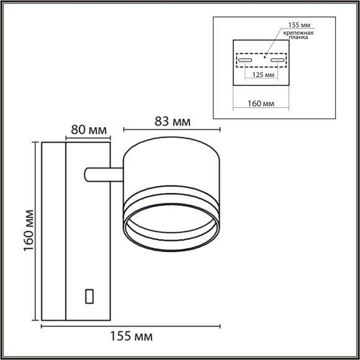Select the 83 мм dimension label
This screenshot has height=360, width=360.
[172, 121]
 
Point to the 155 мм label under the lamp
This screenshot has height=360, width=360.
[132, 336]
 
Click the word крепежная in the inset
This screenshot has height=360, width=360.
[299, 32]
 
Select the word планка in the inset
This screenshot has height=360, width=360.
[299, 40]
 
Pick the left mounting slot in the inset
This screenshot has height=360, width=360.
[244, 62]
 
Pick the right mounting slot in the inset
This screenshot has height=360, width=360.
[277, 62]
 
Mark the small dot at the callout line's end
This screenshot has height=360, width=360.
[264, 56]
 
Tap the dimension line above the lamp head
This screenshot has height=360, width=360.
[172, 130]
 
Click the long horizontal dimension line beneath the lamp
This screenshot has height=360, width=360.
[131, 325]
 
